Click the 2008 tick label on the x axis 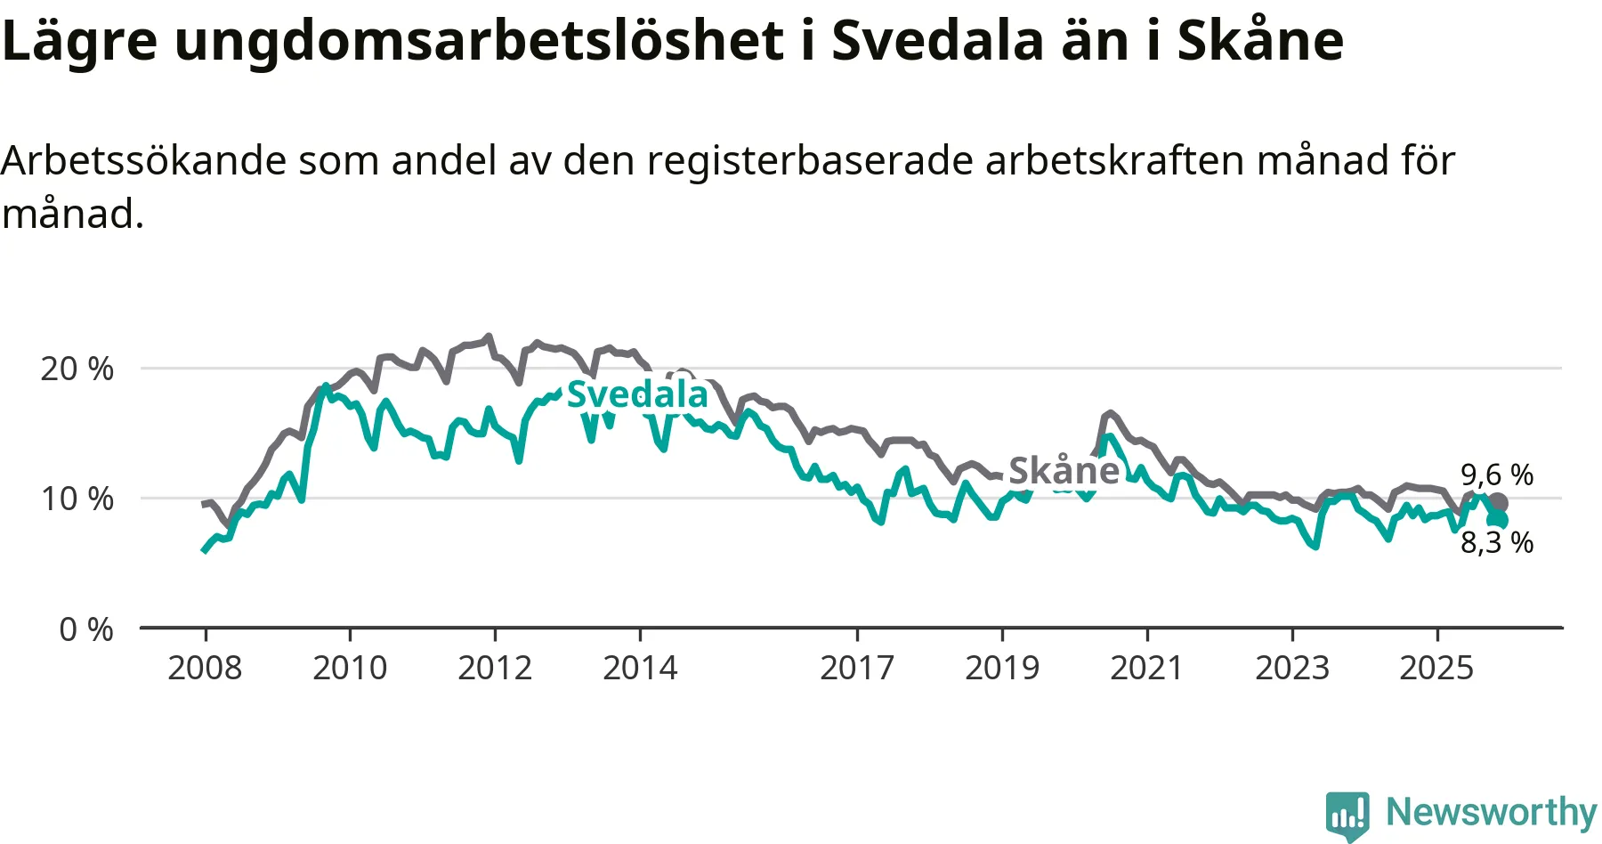point(205,668)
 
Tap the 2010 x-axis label point(350,668)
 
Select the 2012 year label point(495,668)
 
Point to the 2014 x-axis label point(640,668)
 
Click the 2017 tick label point(857,668)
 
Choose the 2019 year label point(1002,668)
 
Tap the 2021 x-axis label point(1146,668)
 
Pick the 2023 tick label point(1292,668)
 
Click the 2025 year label point(1436,668)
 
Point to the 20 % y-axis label point(77,369)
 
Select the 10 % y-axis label point(77,499)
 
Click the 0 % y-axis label point(86,629)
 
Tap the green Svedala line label point(637,394)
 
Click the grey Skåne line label point(1064,470)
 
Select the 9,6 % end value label point(1497,475)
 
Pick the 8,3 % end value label point(1497,542)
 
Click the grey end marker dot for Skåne point(1499,503)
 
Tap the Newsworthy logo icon point(1347,815)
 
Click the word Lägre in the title point(80,40)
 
